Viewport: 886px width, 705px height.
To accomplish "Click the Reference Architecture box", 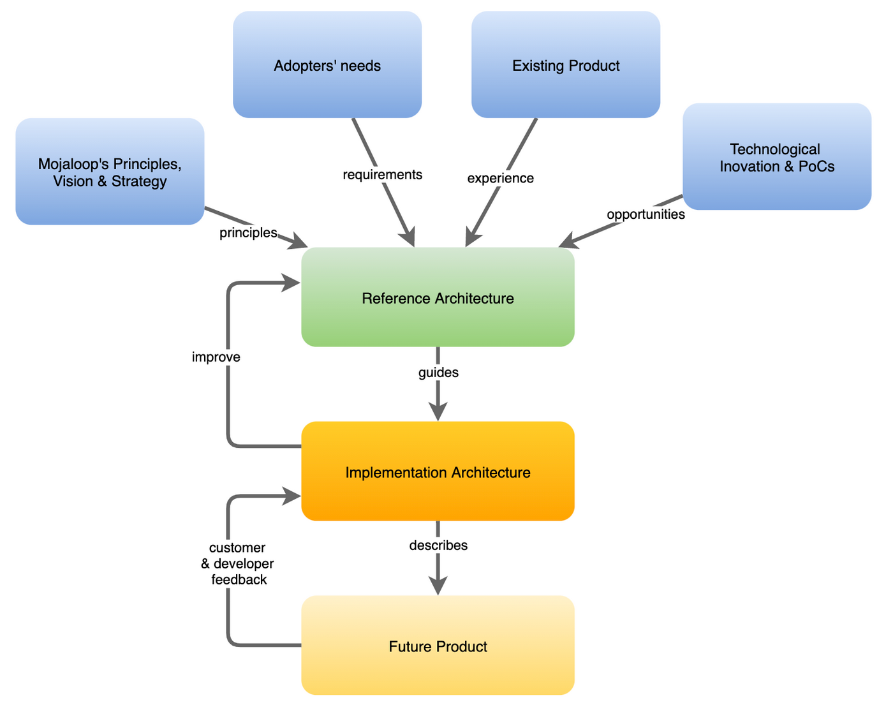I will pos(438,297).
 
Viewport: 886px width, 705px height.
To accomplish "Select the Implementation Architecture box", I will pos(438,471).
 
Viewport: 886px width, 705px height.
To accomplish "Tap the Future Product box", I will pos(438,646).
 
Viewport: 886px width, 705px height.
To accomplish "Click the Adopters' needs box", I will pos(327,65).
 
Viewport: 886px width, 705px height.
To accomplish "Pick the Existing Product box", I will pos(566,65).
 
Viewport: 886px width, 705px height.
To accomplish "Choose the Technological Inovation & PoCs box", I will pos(776,157).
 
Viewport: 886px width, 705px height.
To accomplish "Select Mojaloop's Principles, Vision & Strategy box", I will pos(110,172).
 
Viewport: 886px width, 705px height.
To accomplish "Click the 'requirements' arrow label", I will pos(382,175).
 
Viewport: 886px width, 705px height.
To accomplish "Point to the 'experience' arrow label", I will pos(500,178).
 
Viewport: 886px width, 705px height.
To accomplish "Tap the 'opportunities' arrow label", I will pos(646,214).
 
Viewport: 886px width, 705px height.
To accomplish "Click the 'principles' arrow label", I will pos(248,233).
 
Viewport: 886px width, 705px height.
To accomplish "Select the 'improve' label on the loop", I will pos(216,357).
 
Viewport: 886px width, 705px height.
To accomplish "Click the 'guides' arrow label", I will pos(438,373).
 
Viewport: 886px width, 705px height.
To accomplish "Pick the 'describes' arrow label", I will pos(438,545).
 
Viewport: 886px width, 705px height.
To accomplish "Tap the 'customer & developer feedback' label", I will pos(237,564).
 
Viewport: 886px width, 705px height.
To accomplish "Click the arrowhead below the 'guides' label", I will pos(438,412).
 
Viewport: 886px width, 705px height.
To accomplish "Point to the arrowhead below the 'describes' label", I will pos(438,586).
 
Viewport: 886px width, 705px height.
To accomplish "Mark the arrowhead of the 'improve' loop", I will pos(292,283).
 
